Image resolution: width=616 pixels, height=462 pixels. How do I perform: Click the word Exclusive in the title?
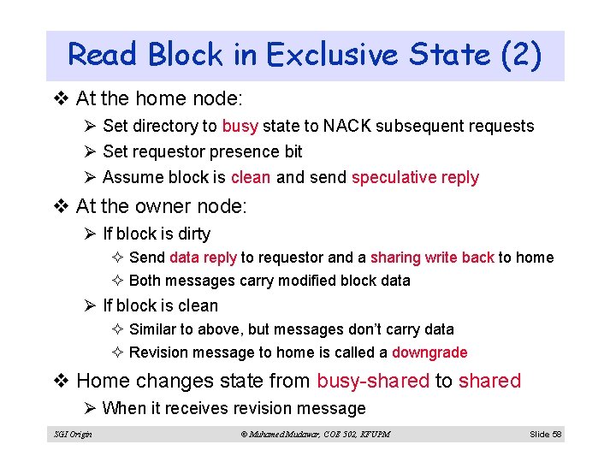(332, 56)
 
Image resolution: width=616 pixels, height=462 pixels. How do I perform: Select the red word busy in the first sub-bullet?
(240, 127)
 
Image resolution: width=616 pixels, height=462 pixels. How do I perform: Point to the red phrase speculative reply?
(415, 178)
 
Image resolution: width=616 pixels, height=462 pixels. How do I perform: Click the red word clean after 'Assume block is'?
(251, 178)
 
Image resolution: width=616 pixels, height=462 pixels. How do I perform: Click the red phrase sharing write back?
(432, 258)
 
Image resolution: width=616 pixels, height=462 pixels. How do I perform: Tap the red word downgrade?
(429, 352)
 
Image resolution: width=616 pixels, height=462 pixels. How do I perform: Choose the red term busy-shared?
(373, 381)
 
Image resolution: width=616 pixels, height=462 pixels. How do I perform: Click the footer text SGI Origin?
(73, 435)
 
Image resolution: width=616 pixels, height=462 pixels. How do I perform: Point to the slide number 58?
(557, 435)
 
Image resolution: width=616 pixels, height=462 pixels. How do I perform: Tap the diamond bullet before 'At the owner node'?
(63, 206)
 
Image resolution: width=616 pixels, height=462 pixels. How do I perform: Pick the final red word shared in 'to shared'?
(489, 381)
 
